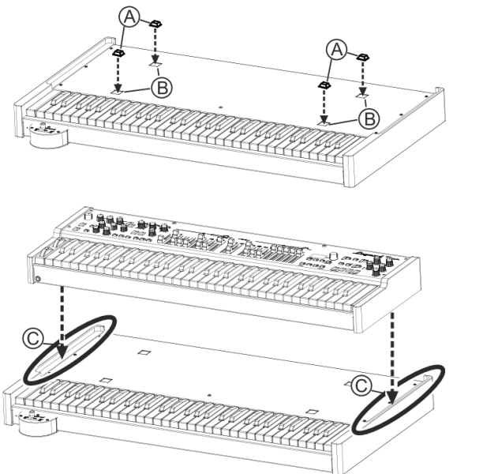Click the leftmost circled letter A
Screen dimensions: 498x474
(x=129, y=17)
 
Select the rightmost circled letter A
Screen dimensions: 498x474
(x=337, y=50)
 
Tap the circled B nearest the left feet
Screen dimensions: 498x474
(x=162, y=88)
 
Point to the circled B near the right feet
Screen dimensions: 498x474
(x=369, y=119)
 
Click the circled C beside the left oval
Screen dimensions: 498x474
(x=33, y=338)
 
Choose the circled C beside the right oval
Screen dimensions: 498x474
(x=361, y=386)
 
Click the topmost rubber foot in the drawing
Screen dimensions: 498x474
(x=155, y=24)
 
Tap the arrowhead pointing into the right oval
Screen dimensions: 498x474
(x=393, y=397)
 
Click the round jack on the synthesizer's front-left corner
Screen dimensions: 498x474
(x=38, y=279)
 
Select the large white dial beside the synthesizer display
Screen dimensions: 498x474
(x=333, y=256)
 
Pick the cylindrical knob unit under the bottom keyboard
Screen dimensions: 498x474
(x=36, y=423)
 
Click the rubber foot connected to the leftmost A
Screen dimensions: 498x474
(x=118, y=53)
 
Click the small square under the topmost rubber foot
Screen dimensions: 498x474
(x=155, y=65)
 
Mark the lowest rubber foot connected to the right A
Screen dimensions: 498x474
(x=324, y=85)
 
